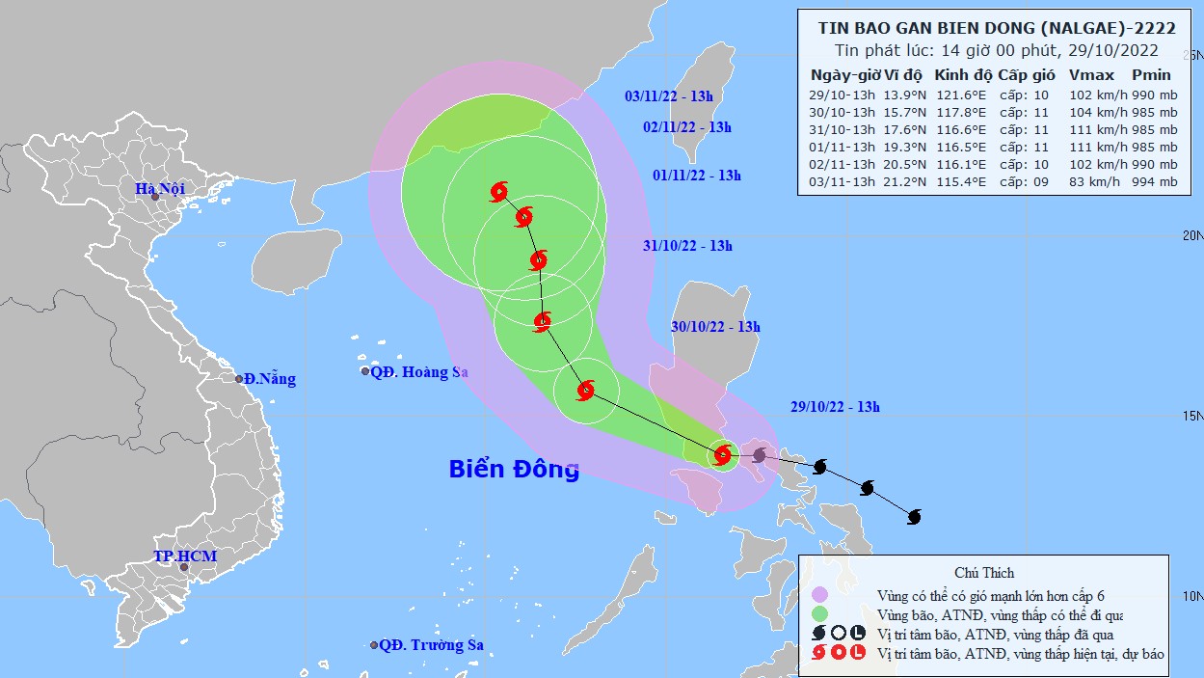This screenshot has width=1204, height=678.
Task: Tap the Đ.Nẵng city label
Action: click(x=269, y=379)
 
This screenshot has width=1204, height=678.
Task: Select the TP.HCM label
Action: click(x=185, y=556)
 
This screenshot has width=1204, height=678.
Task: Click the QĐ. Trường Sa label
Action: click(x=430, y=645)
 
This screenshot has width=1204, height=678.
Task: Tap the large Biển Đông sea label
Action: click(x=514, y=469)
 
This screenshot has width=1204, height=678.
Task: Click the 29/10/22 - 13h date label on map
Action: click(x=830, y=407)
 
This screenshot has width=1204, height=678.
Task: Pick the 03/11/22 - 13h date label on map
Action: click(x=668, y=95)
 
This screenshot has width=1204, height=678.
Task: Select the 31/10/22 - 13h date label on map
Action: click(x=687, y=246)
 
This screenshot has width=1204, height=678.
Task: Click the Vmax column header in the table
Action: click(x=1091, y=74)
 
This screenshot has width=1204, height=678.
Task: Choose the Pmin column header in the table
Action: click(x=1151, y=74)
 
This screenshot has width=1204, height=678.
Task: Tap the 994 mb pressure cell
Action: click(x=1154, y=183)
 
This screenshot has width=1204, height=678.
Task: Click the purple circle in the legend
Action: click(x=820, y=595)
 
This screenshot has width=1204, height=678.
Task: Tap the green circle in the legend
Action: click(x=820, y=614)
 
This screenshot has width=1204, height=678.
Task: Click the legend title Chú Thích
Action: click(x=983, y=573)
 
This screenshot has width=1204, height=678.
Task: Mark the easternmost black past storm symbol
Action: click(x=914, y=517)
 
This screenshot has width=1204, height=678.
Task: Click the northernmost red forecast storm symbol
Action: click(x=498, y=192)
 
